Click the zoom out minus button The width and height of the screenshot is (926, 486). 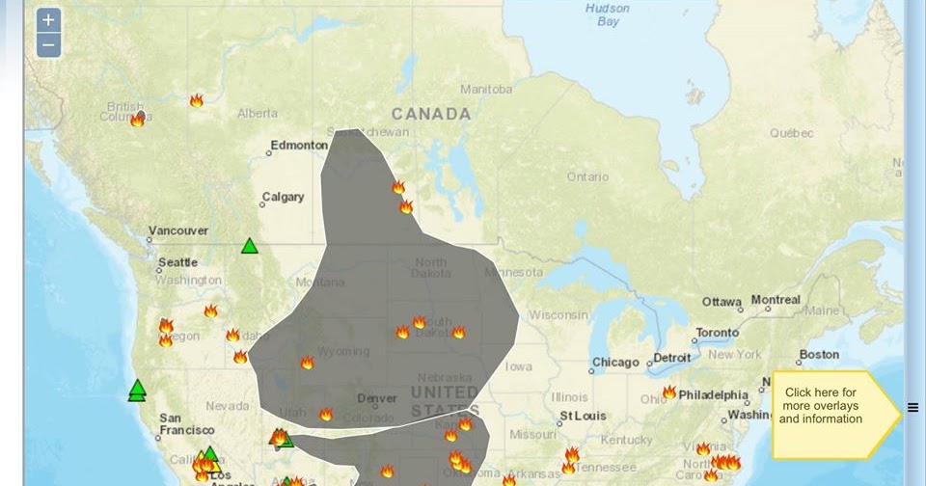[49, 44]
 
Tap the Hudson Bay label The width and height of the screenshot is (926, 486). [608, 14]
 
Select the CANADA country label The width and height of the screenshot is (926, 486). [431, 114]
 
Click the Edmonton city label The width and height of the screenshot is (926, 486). [299, 146]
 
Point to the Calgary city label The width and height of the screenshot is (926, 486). [284, 198]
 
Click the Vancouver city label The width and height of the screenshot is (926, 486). [178, 231]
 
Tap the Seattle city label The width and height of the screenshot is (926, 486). [177, 262]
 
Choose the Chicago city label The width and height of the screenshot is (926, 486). [616, 363]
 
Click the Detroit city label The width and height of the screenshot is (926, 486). [672, 359]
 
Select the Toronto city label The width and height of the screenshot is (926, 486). [718, 333]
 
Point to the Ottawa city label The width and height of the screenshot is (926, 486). [722, 302]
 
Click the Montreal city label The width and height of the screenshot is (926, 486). [776, 300]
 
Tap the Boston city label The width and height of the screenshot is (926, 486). [819, 355]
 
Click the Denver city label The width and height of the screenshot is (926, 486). [377, 398]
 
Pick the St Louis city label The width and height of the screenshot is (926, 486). [583, 417]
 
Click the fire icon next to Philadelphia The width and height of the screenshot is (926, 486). [668, 392]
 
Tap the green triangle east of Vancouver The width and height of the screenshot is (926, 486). [250, 246]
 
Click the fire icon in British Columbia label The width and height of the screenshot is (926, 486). [138, 120]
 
